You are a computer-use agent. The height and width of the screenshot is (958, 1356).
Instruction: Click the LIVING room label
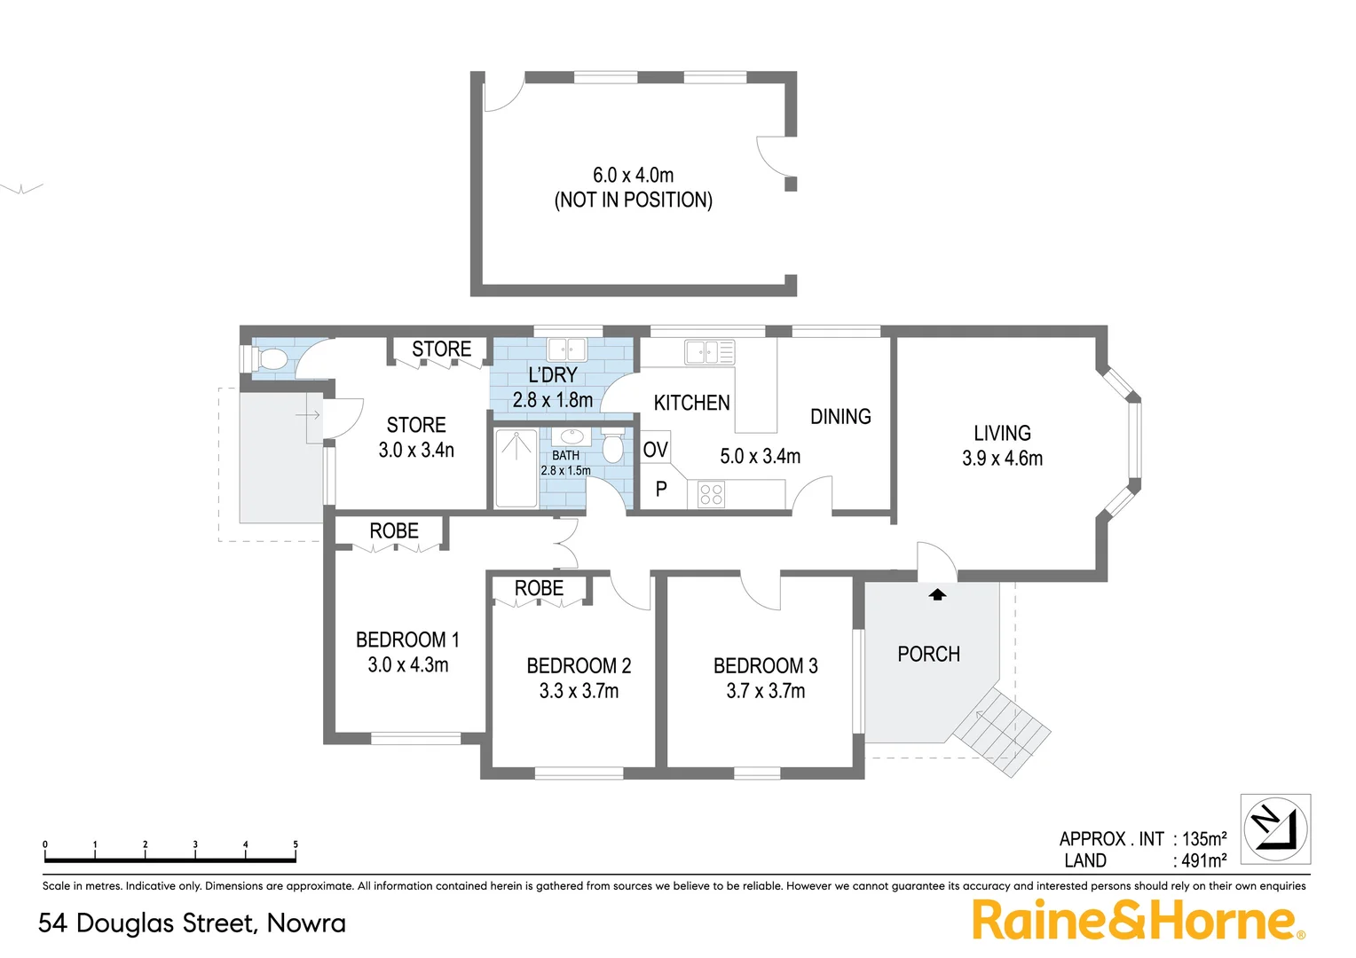point(1002,433)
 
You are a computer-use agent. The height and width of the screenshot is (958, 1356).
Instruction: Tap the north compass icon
point(1275,829)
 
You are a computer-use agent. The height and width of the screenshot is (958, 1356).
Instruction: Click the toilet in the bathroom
point(612,446)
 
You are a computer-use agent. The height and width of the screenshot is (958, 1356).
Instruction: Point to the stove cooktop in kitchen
point(711,494)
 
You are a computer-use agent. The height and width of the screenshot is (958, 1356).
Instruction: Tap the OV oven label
point(655,450)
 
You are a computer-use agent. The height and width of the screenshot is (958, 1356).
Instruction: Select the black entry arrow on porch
point(937,594)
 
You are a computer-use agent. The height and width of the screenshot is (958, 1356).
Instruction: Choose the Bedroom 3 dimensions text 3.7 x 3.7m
point(765,691)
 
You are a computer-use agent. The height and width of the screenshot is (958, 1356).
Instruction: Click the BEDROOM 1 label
point(407,640)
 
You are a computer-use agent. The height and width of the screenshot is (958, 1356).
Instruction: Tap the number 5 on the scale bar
point(296,844)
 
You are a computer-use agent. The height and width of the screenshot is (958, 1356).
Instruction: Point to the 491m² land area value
point(1203,860)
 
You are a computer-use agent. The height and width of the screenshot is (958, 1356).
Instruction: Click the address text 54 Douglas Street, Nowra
point(192,923)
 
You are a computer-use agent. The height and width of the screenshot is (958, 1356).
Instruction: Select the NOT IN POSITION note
point(633,200)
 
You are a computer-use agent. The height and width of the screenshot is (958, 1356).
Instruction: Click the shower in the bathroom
point(516,467)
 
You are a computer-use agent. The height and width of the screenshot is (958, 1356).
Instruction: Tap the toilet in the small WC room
point(270,359)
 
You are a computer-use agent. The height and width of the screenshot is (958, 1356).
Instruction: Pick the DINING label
point(840,417)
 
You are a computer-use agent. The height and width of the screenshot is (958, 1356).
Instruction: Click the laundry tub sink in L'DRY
point(566,349)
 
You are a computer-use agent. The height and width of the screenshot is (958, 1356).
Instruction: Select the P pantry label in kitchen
point(661,489)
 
